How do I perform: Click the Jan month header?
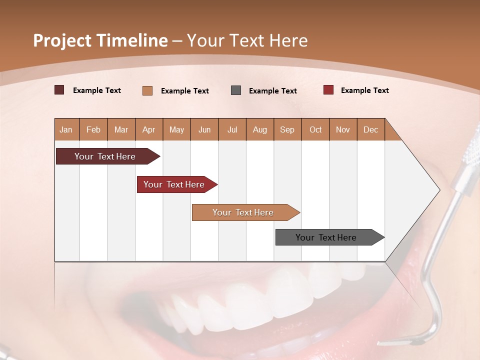[x=66, y=129]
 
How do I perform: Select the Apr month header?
[x=149, y=129]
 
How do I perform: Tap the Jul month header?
[x=232, y=129]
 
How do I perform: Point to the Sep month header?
[x=287, y=129]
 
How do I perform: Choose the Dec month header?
[x=370, y=129]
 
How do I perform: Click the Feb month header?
[x=93, y=129]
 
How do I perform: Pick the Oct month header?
[x=315, y=129]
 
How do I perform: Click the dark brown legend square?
[x=59, y=90]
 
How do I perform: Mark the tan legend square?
[x=147, y=90]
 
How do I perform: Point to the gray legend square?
[x=236, y=90]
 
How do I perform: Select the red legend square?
[x=328, y=90]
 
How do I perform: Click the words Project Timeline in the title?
[x=100, y=40]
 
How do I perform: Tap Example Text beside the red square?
[x=364, y=90]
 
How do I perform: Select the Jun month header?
[x=204, y=129]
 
